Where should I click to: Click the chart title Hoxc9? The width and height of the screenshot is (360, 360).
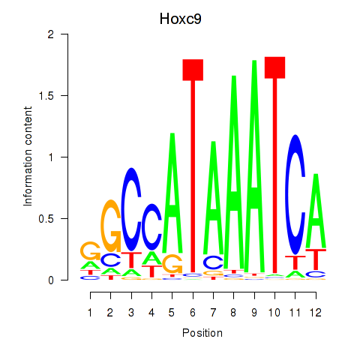[180, 19]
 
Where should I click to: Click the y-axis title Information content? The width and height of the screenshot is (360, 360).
[28, 157]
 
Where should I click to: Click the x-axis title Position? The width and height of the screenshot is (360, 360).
[202, 333]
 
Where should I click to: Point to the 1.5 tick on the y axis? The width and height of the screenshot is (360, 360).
[64, 95]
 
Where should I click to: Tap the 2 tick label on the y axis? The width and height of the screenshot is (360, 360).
[51, 34]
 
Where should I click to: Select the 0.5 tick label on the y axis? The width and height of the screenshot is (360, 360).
[46, 219]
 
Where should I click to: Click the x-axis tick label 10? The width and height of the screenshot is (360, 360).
[274, 313]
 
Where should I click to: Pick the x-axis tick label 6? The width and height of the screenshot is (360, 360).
[193, 313]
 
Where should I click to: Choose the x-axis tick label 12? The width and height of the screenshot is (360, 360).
[316, 313]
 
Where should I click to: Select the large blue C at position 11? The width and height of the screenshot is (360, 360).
[295, 194]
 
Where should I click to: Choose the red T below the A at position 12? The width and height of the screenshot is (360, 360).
[316, 259]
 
